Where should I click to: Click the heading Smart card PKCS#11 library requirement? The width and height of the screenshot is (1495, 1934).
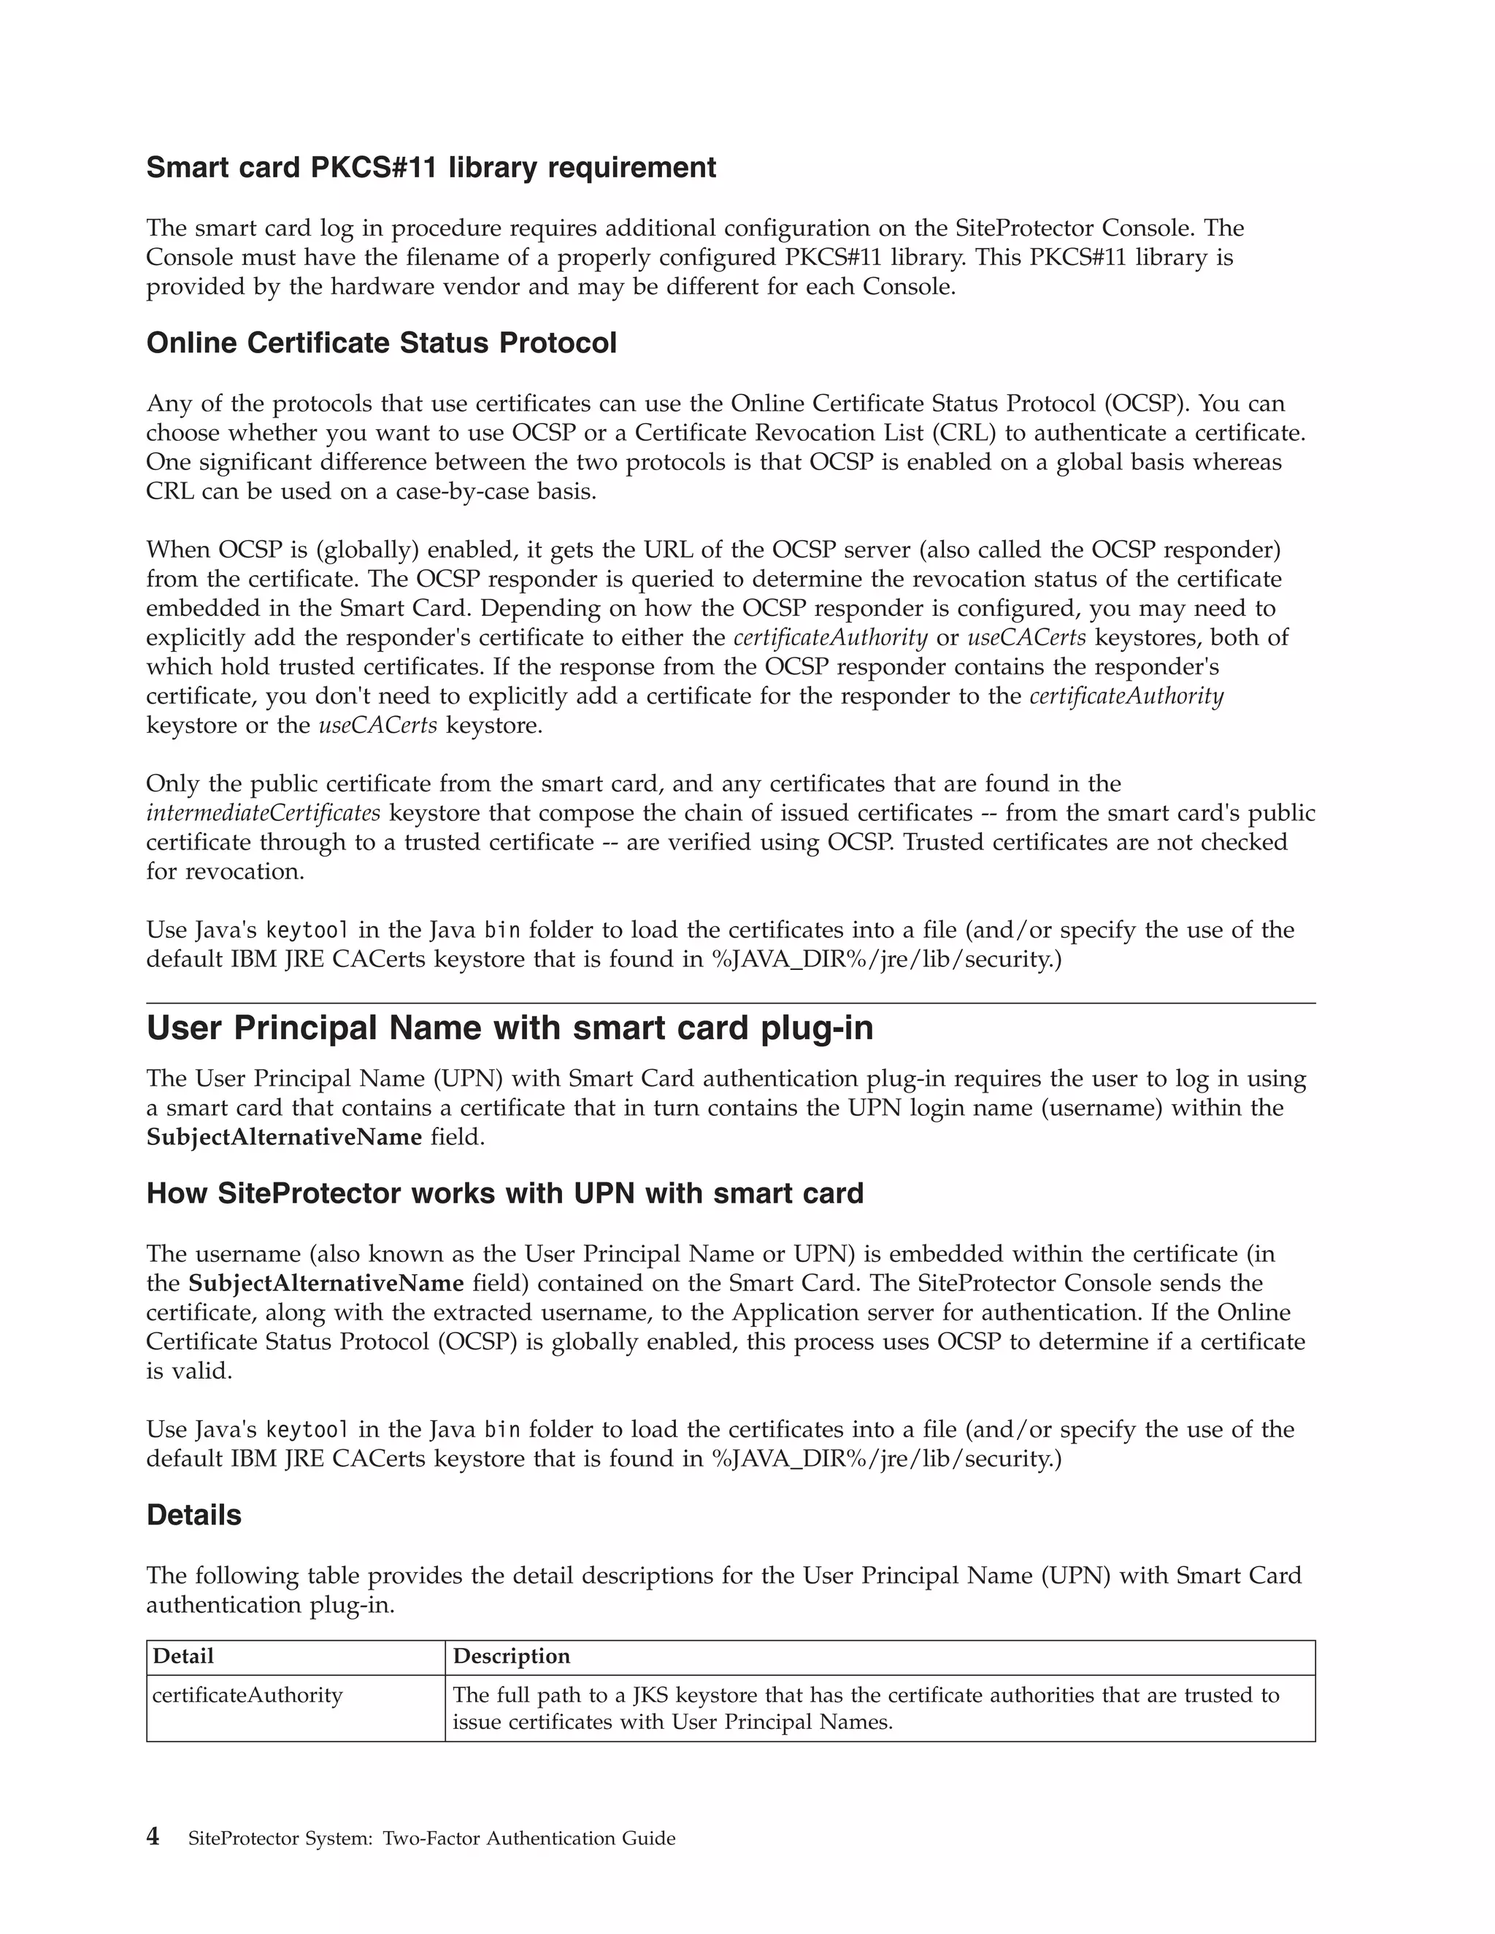[431, 167]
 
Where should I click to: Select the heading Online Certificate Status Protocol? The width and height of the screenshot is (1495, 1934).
[381, 343]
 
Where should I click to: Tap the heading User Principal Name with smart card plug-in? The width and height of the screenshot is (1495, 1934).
[510, 1028]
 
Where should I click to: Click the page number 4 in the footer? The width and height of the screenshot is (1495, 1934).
[153, 1837]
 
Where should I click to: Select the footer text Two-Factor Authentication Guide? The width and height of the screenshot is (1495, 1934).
[529, 1838]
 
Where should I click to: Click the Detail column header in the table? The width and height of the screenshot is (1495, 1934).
[183, 1656]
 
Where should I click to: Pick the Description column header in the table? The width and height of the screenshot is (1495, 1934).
[511, 1656]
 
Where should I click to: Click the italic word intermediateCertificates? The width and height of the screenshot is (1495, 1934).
[263, 813]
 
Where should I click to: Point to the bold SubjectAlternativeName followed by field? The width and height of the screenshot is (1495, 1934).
[283, 1137]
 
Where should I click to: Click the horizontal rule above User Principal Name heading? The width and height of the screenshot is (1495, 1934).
[731, 1003]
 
